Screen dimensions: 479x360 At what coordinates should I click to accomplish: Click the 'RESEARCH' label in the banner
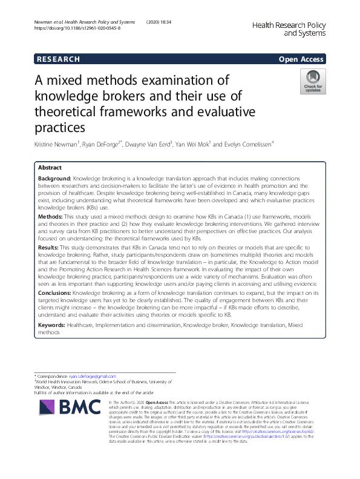(58, 59)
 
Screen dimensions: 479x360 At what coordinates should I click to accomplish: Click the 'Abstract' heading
(50, 167)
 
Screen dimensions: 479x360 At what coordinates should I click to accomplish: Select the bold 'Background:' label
(54, 179)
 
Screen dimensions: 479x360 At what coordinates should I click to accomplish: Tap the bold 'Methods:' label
(50, 216)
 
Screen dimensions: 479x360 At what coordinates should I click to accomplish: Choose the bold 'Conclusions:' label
(57, 293)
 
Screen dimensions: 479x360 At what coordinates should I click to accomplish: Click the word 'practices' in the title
(60, 127)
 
